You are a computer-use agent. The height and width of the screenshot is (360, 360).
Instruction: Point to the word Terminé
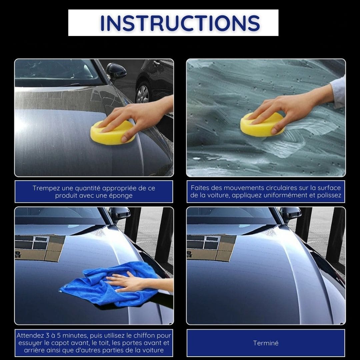click(x=266, y=343)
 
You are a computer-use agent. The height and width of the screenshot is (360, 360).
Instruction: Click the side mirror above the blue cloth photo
click(x=119, y=214)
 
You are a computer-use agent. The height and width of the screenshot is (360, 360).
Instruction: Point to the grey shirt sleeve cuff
click(x=338, y=92)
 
